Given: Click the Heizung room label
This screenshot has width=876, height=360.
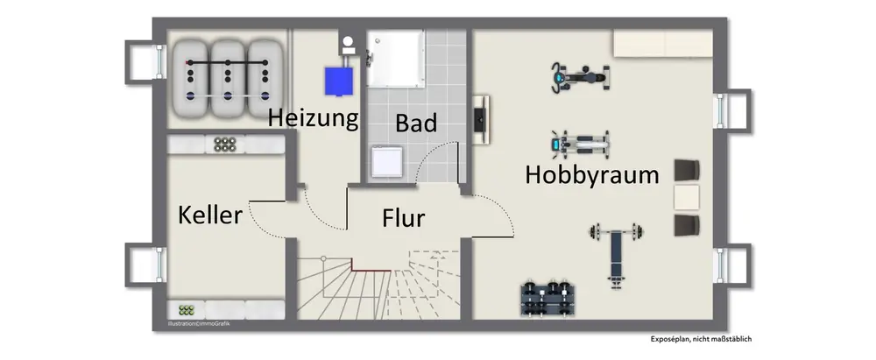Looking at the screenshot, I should (x=313, y=118).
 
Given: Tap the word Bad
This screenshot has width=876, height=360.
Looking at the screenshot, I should (x=415, y=124).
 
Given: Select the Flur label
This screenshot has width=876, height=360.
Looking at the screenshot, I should (x=403, y=217).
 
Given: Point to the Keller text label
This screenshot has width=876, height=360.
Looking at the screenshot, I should (x=210, y=215).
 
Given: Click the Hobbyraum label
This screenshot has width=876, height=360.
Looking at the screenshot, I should (x=591, y=175).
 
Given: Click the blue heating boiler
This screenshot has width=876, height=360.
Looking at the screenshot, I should (x=338, y=81).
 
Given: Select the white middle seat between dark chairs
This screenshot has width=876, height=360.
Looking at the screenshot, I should (x=687, y=198).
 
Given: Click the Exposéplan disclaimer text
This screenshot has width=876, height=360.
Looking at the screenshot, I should (x=701, y=338).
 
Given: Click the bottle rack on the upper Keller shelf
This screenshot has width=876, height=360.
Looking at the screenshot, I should (x=225, y=144).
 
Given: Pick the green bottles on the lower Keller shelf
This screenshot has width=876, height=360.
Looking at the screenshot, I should (x=186, y=310).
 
